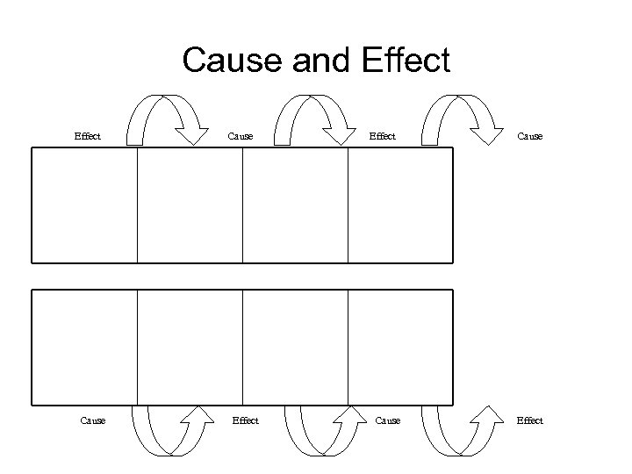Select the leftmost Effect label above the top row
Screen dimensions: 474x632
(87, 136)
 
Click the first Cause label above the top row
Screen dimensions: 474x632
(240, 136)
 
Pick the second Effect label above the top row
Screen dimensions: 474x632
(382, 136)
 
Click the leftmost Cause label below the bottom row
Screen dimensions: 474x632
(92, 420)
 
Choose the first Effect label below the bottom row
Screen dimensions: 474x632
(245, 420)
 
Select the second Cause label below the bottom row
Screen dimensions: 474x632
(387, 420)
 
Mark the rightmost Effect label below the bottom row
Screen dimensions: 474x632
(529, 420)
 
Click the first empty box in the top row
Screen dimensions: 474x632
(85, 205)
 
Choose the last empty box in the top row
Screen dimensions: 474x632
(400, 205)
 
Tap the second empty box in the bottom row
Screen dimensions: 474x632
(190, 347)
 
